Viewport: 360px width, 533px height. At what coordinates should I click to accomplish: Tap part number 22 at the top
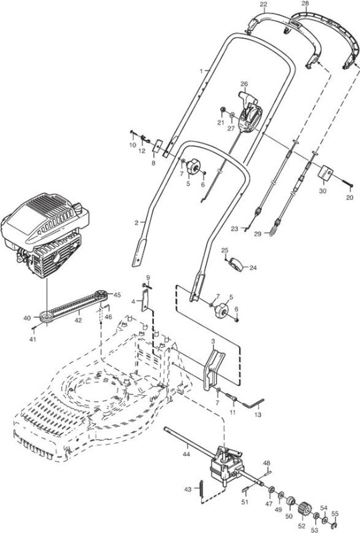tap(263, 5)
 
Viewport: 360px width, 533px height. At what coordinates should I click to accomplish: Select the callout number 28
tap(305, 3)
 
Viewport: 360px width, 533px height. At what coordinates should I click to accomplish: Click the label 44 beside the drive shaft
tap(186, 454)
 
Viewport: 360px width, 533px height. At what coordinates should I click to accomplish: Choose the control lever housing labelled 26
tap(250, 112)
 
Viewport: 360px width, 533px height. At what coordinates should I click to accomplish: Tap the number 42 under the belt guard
tap(78, 320)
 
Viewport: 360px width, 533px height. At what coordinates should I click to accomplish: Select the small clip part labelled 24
tap(237, 265)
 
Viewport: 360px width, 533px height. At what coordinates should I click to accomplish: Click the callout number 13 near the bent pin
tap(257, 414)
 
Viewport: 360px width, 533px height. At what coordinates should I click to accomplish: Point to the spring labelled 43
tap(201, 490)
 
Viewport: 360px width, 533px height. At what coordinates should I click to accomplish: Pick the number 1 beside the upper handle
tap(201, 71)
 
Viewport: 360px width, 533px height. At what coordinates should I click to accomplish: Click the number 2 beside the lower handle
tap(137, 223)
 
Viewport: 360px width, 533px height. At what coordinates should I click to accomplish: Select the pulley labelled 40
tap(47, 316)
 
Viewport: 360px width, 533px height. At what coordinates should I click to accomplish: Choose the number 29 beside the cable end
tap(258, 234)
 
